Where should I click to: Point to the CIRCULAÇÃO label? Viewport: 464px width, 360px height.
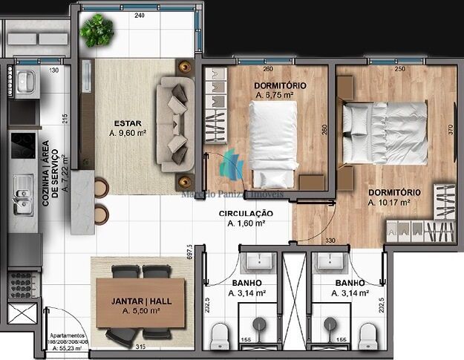click(x=245, y=213)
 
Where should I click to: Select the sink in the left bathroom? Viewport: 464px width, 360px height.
click(x=259, y=261)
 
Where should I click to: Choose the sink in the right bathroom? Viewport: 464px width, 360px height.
click(x=326, y=261)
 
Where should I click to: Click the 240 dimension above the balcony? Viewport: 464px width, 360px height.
click(x=140, y=15)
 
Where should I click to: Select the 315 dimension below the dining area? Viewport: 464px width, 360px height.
click(x=140, y=347)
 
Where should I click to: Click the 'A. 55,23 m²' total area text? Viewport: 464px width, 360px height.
click(x=67, y=347)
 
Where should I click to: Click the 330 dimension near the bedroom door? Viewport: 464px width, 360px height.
click(x=330, y=240)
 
